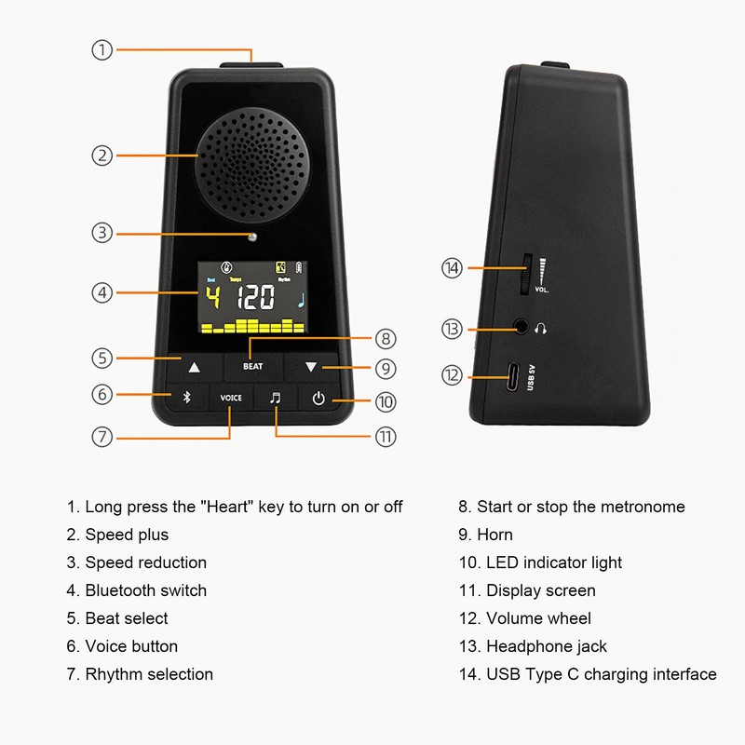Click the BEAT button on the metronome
click(252, 366)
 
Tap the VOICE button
click(230, 398)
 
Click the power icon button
click(318, 399)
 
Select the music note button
click(275, 398)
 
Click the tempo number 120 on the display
click(254, 298)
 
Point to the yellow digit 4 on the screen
click(213, 298)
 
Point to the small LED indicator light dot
click(251, 237)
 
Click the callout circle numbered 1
click(102, 49)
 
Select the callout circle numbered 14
click(452, 268)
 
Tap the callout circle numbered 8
click(386, 338)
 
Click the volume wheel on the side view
click(526, 273)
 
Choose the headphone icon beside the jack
click(542, 328)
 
